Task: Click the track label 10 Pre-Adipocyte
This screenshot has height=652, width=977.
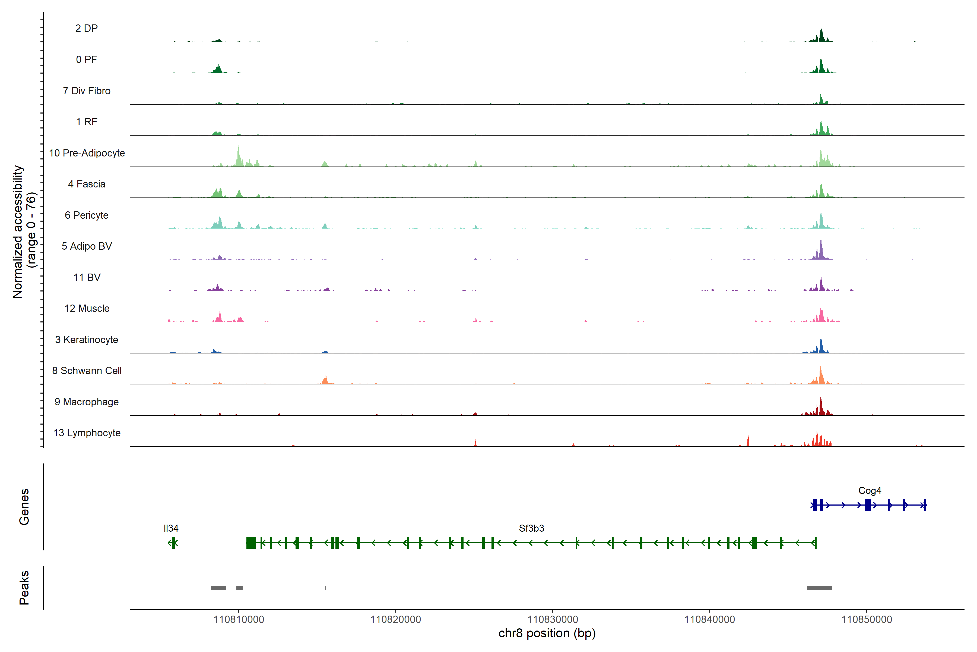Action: point(87,153)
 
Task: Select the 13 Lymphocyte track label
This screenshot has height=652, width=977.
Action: point(87,433)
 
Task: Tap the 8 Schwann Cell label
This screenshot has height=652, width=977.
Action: point(87,371)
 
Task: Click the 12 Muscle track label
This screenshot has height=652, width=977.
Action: point(87,309)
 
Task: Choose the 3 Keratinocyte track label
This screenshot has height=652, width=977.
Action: point(87,340)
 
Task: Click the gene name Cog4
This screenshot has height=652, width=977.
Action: point(870,491)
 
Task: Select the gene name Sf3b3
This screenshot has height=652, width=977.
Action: point(531,528)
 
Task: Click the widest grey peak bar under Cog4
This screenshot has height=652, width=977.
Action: point(819,588)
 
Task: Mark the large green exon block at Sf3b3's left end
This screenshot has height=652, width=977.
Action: point(251,543)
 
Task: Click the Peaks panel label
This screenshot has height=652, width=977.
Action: point(24,588)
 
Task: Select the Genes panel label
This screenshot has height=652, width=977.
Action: point(24,507)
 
